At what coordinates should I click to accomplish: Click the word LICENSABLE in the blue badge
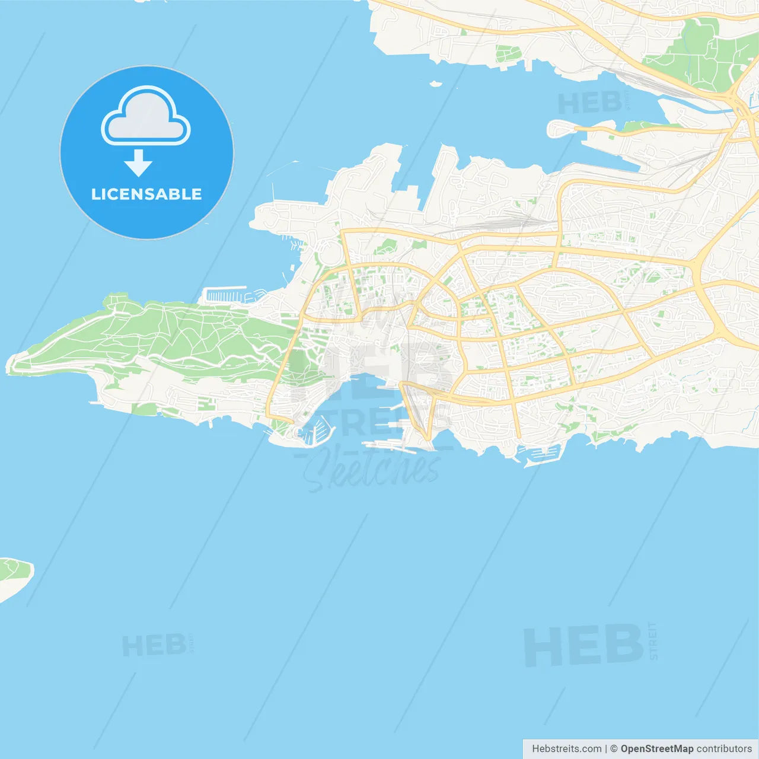[146, 194]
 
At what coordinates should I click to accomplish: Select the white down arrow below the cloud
[138, 163]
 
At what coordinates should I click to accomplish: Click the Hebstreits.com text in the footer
[566, 749]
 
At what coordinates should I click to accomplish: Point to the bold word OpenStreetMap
[657, 749]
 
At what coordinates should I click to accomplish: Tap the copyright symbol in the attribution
[614, 749]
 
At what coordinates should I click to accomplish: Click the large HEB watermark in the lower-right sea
[584, 645]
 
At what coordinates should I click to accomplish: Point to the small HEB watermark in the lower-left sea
[154, 645]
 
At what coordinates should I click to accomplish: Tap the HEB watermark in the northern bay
[590, 104]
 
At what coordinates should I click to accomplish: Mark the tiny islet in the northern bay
[436, 84]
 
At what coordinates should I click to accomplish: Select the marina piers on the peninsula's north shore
[225, 295]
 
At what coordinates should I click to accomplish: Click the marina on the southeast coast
[541, 454]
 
